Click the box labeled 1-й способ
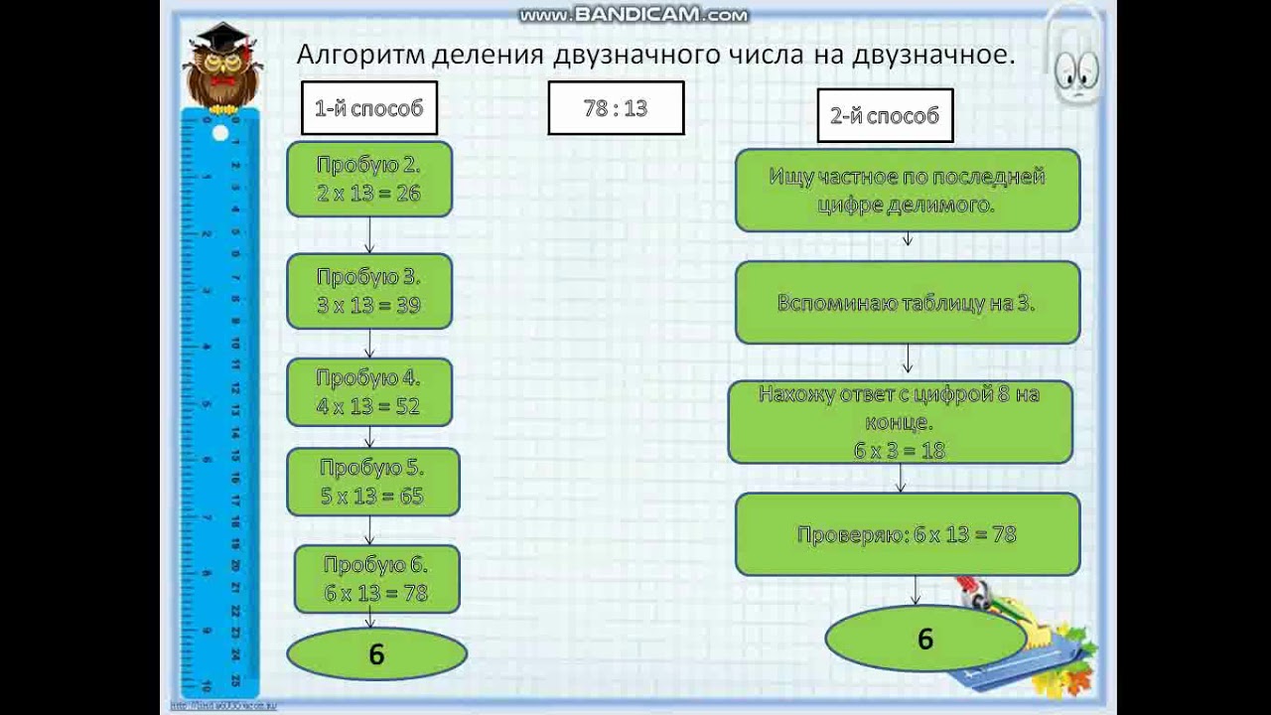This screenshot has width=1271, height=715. [368, 108]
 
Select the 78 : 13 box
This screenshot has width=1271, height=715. [616, 108]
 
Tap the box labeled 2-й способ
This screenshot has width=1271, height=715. [884, 115]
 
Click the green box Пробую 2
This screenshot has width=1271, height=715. [369, 180]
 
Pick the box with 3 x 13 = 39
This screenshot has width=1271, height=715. [369, 291]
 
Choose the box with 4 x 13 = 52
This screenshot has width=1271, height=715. [369, 392]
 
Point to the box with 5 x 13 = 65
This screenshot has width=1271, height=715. [372, 482]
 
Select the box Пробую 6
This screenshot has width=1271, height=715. [376, 579]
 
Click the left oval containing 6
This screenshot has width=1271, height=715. [376, 654]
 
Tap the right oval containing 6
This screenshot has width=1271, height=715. [924, 639]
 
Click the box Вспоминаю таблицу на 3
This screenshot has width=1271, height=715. [907, 303]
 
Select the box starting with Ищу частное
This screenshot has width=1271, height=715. [907, 191]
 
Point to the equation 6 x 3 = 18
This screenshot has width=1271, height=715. [900, 450]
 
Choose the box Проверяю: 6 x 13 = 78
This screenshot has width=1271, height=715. [907, 534]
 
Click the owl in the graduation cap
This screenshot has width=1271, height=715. [222, 68]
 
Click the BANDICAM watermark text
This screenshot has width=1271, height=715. [633, 15]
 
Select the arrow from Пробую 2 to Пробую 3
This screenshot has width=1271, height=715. [369, 235]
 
